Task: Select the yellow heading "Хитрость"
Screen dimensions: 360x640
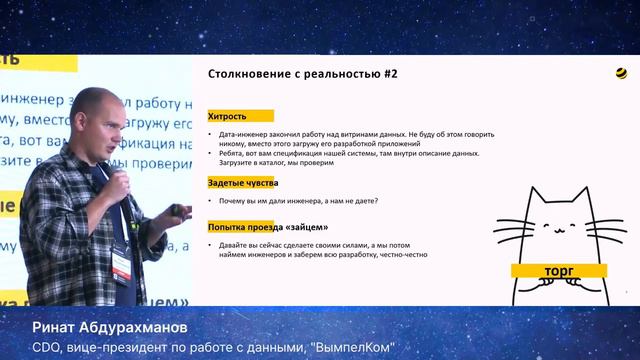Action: pyautogui.click(x=227, y=116)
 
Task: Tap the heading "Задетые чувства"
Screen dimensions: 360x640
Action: pyautogui.click(x=242, y=183)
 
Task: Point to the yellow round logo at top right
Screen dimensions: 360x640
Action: pyautogui.click(x=622, y=73)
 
